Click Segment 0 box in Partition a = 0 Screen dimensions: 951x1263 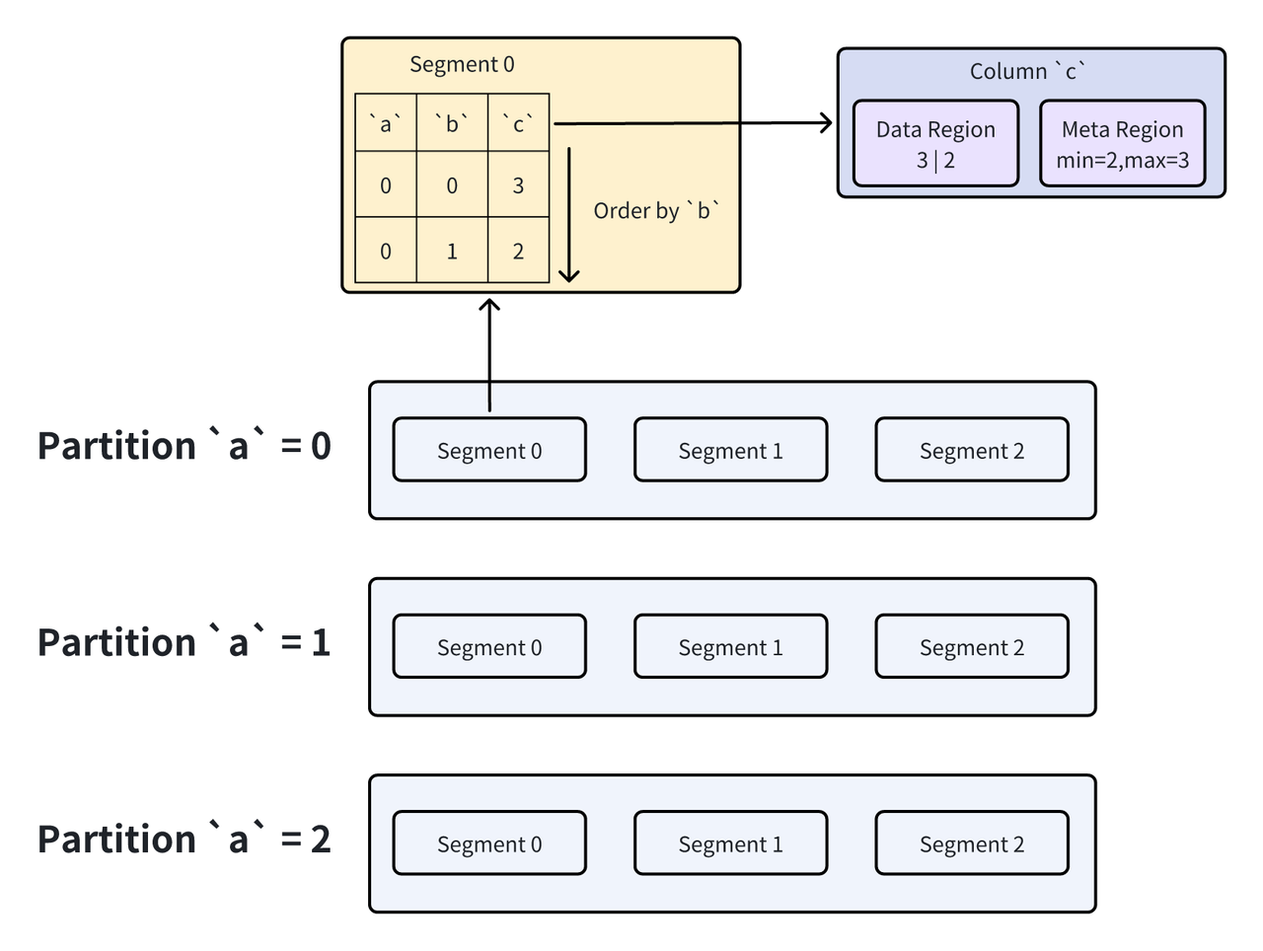click(x=489, y=451)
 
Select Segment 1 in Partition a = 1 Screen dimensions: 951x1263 click(x=730, y=647)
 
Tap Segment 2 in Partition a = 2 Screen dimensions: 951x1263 click(x=971, y=843)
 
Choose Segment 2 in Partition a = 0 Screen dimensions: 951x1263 click(x=971, y=451)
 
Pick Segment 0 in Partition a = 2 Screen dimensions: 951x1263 click(x=489, y=843)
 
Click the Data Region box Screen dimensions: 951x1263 click(x=935, y=144)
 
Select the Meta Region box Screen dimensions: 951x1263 click(x=1122, y=144)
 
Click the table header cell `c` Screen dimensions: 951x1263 click(x=518, y=123)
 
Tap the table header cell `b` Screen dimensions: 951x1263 click(x=452, y=123)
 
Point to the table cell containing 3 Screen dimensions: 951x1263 click(x=518, y=185)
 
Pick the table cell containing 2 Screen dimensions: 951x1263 click(x=518, y=252)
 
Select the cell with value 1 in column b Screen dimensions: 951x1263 click(x=452, y=252)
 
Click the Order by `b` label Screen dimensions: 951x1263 click(x=656, y=211)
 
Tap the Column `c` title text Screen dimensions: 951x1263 click(x=1027, y=71)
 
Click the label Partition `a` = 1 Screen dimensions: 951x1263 click(x=184, y=643)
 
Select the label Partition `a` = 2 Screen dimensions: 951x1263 click(x=184, y=840)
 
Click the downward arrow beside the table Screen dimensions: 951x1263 click(x=569, y=215)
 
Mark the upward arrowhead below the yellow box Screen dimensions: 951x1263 click(x=489, y=305)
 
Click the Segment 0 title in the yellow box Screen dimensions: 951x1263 click(x=462, y=65)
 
